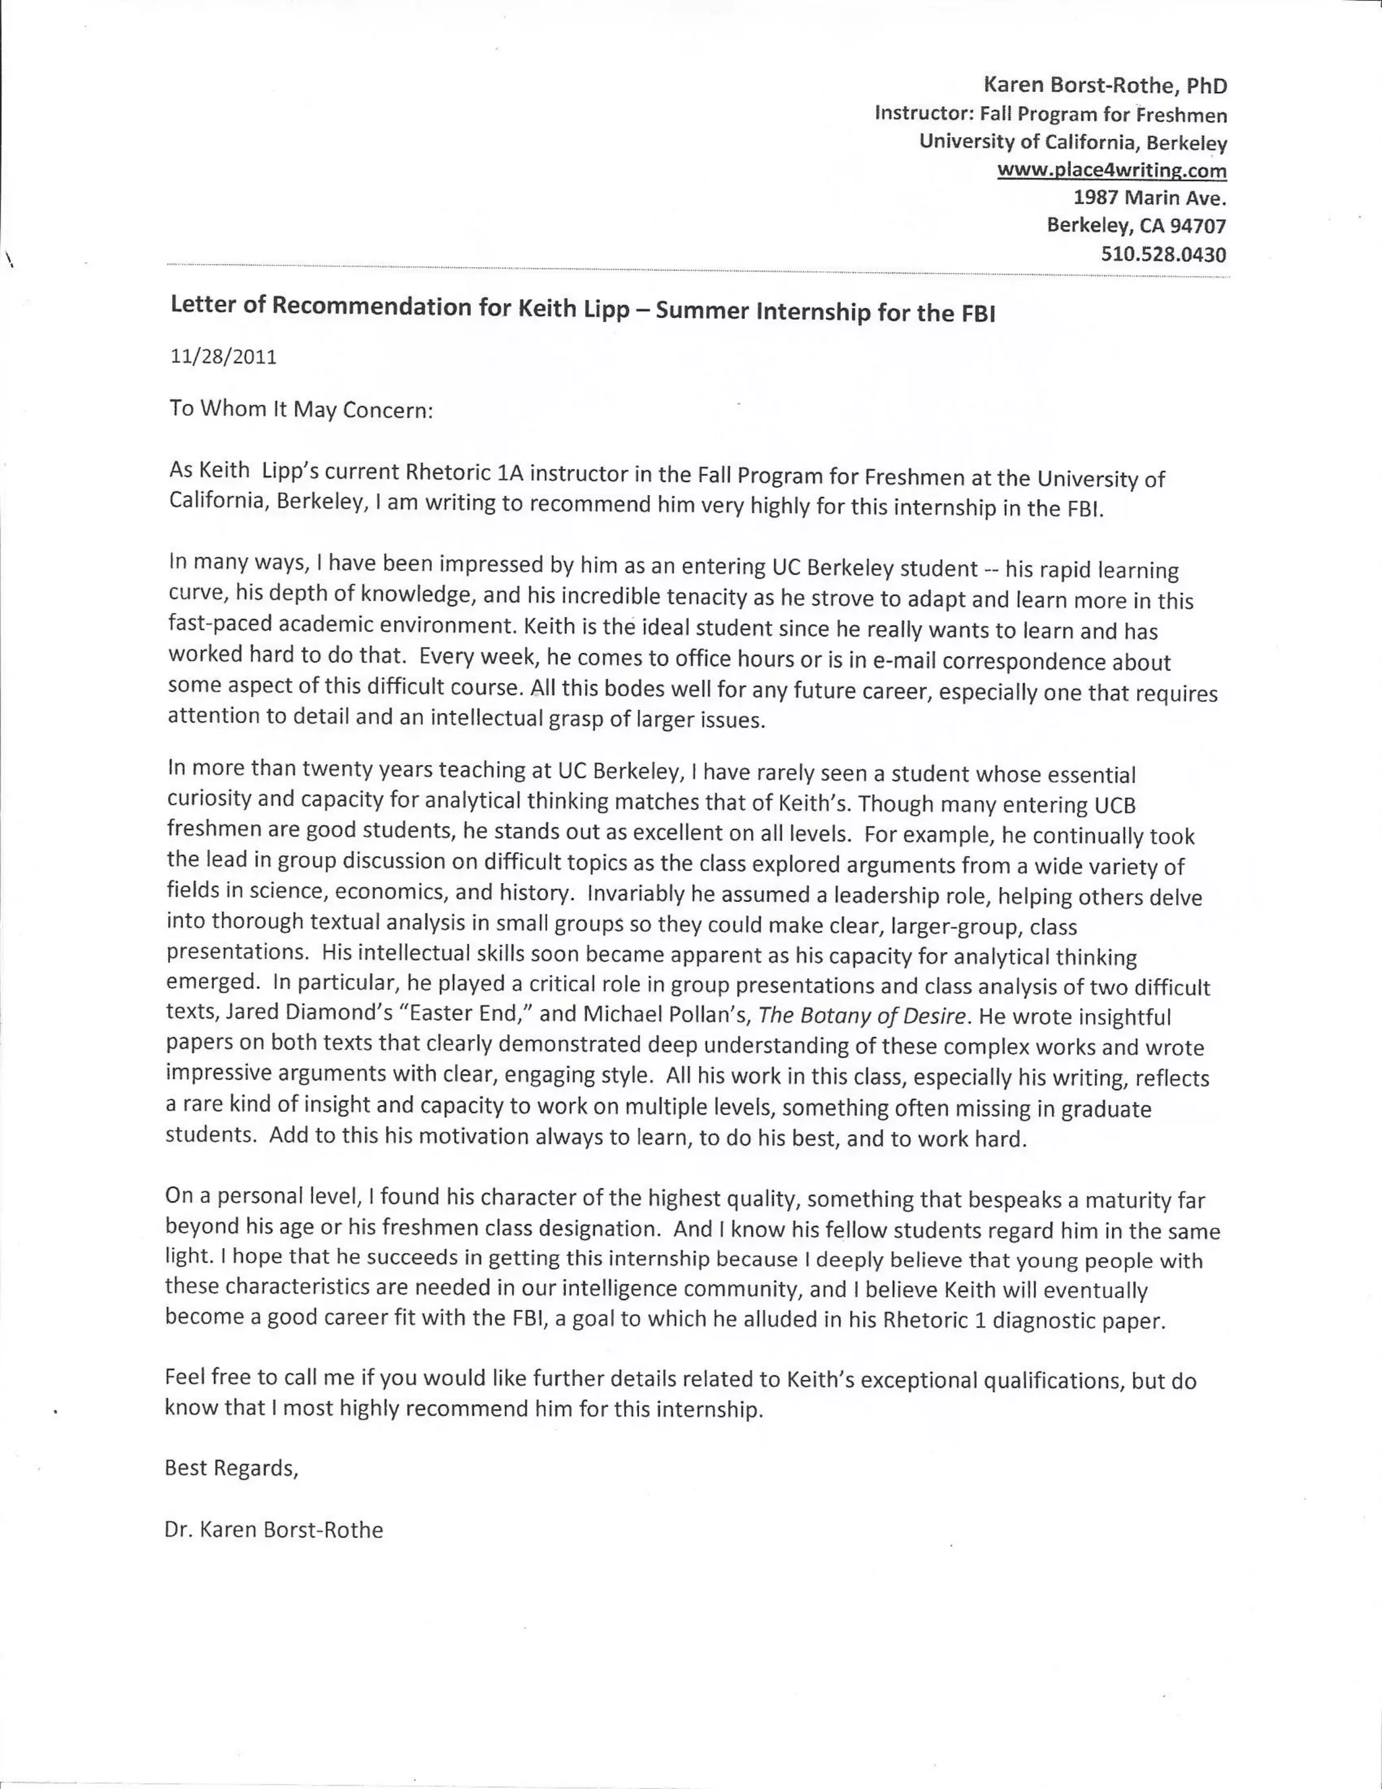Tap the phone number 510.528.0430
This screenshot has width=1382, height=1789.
pos(1163,254)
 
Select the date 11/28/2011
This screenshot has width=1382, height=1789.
pos(223,357)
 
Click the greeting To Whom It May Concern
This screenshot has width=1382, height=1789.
pos(300,408)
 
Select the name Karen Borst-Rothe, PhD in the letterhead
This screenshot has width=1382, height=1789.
pos(1105,85)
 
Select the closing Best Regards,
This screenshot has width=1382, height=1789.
pos(231,1468)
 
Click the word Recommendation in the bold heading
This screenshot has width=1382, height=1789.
pos(368,306)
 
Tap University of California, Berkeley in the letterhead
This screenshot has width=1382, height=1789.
pos(1072,142)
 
